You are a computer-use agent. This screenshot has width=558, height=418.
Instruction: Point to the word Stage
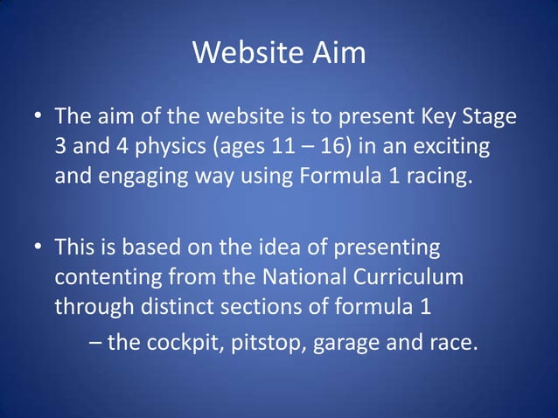point(485,117)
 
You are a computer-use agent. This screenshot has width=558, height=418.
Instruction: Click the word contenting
point(109,279)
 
